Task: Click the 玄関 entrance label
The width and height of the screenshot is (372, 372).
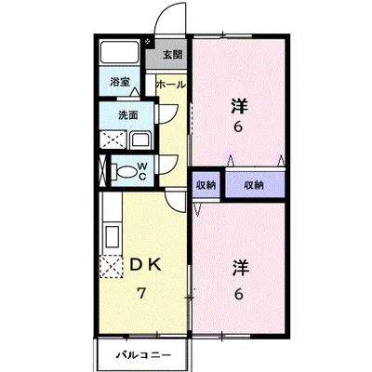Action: pos(172,54)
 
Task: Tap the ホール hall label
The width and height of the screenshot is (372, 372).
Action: pos(171,85)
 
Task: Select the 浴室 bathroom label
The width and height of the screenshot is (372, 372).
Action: pos(120,82)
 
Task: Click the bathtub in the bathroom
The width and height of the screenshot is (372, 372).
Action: pos(120,54)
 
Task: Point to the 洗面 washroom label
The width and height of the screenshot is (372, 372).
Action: pos(127,115)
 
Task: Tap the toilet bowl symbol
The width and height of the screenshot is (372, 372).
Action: pos(125,171)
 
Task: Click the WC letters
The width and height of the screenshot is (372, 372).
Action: pos(142,170)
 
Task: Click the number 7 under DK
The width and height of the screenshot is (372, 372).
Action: pos(141,293)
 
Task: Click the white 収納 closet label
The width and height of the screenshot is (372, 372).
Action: pos(206,186)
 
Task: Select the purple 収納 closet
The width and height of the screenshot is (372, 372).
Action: pos(254,186)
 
